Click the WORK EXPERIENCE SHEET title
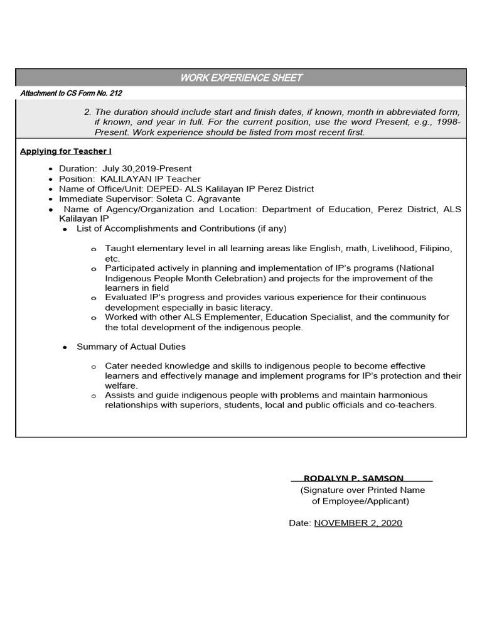241,78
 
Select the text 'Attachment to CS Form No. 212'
71,94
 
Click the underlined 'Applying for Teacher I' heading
66,151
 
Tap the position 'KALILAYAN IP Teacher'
151,179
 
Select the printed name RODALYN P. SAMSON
354,478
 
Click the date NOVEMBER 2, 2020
358,523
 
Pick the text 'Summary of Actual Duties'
131,347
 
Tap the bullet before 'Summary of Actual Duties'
65,347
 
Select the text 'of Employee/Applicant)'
360,501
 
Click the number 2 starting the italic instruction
87,112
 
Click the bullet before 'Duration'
51,170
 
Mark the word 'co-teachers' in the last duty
412,406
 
